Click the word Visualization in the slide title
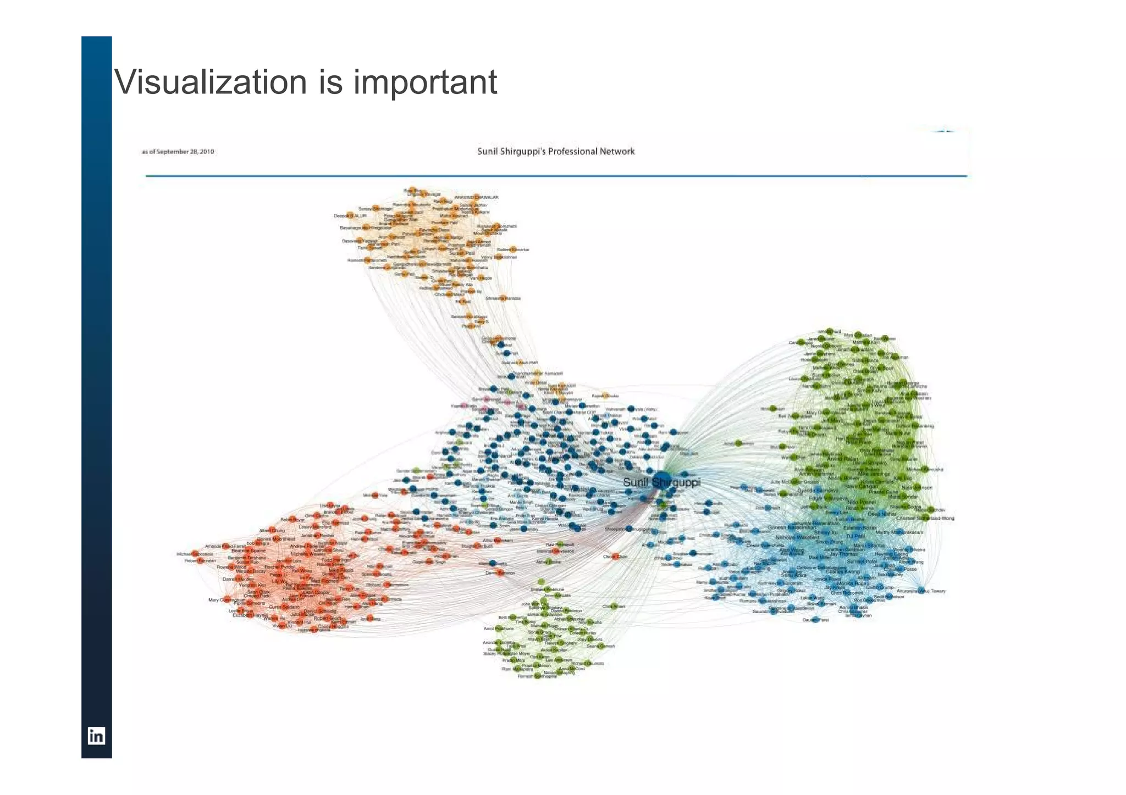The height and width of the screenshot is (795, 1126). pyautogui.click(x=211, y=82)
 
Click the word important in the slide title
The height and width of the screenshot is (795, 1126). pyautogui.click(x=425, y=82)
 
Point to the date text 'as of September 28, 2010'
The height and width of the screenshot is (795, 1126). pyautogui.click(x=178, y=152)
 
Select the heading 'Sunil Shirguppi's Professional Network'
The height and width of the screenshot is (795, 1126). pyautogui.click(x=556, y=151)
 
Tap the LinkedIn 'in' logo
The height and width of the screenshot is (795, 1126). pyautogui.click(x=96, y=736)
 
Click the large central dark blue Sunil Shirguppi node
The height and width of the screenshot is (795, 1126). pyautogui.click(x=661, y=480)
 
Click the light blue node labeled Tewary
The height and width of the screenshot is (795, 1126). pyautogui.click(x=921, y=591)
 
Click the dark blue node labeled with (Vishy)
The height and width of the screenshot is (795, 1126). pyautogui.click(x=632, y=409)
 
